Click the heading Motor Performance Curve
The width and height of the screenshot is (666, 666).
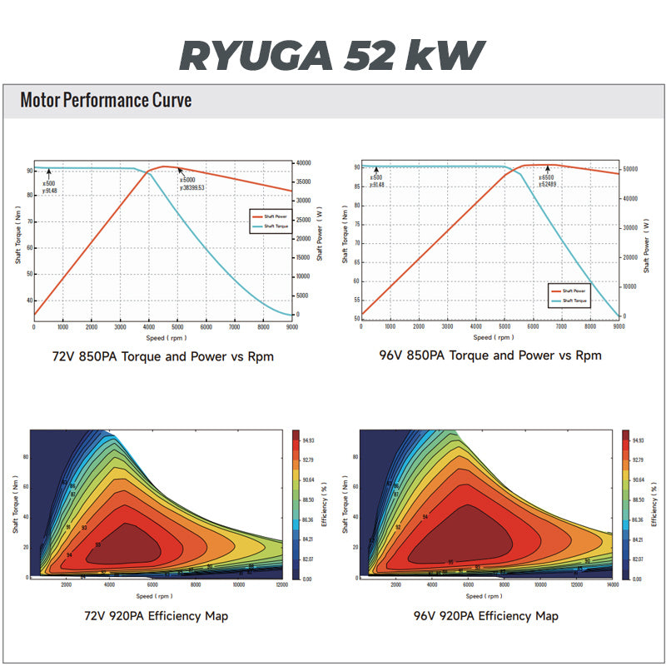[x=106, y=101]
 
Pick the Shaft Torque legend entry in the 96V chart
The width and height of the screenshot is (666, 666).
[x=573, y=300]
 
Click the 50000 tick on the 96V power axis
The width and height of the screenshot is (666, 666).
[x=630, y=169]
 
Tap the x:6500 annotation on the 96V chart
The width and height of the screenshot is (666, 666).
[x=547, y=177]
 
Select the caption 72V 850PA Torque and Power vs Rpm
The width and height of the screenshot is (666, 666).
[x=163, y=355]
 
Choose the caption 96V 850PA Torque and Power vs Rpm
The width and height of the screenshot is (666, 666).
[x=490, y=355]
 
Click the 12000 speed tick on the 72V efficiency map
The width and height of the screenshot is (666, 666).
[x=281, y=587]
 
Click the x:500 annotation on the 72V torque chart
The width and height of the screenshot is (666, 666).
[x=49, y=183]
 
